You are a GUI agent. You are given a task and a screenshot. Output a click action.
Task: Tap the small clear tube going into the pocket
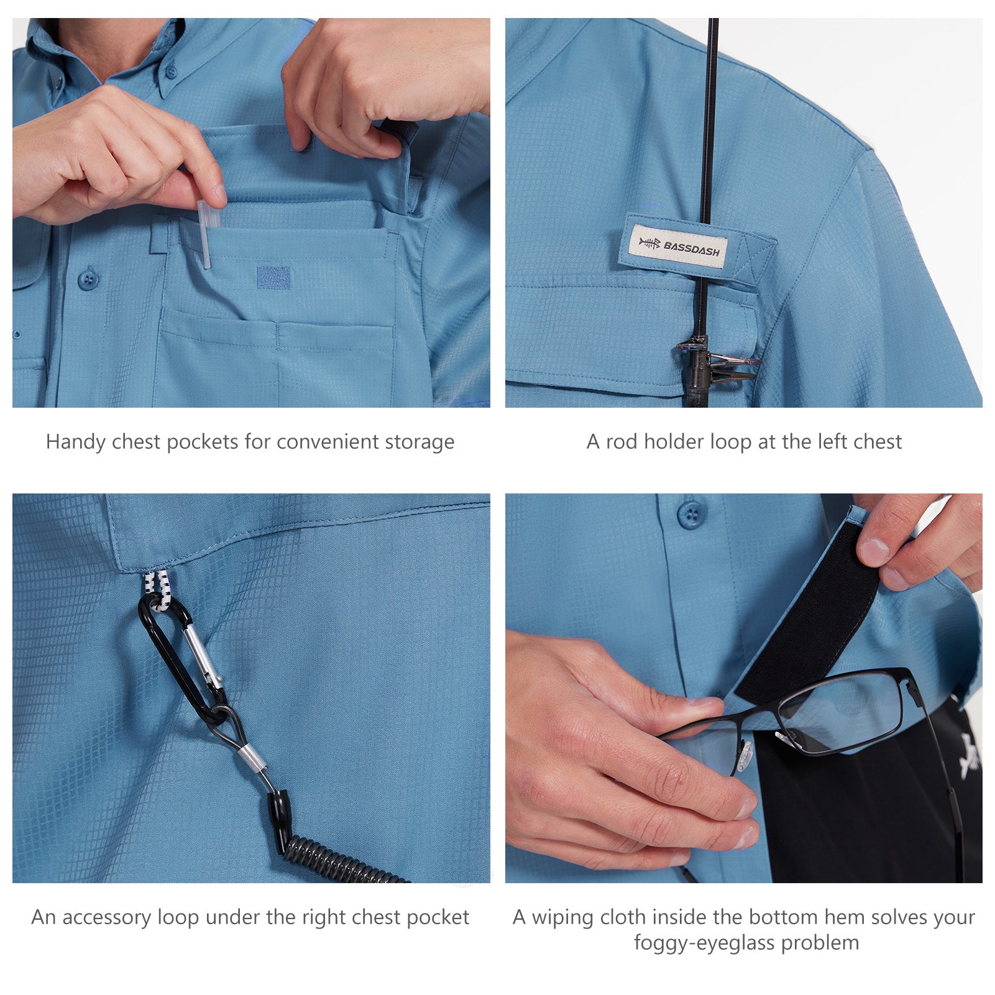pos(206,233)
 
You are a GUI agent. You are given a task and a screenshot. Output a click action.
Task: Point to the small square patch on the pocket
pos(273,277)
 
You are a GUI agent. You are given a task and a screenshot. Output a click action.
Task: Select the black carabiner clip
pos(180,659)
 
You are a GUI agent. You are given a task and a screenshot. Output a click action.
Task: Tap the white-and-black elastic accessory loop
pos(157,589)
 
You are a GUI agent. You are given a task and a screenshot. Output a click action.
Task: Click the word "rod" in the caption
pos(622,442)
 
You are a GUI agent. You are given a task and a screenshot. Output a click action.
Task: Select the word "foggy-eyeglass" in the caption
pos(704,943)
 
